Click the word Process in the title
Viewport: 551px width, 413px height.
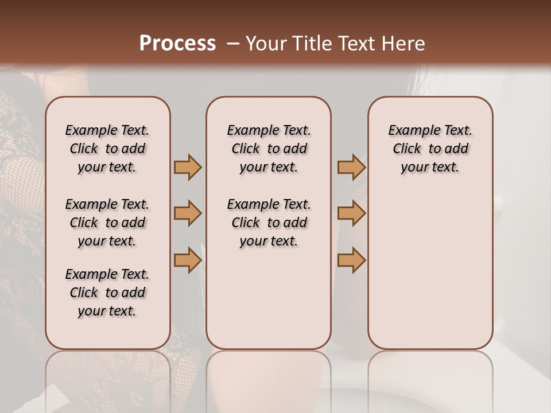[177, 44]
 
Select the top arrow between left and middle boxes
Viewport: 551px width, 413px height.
[188, 167]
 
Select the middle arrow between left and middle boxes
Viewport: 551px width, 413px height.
[188, 214]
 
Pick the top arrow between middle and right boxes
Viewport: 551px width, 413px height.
[351, 167]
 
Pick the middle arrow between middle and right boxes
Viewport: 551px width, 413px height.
[351, 214]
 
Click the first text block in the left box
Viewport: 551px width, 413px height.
[107, 149]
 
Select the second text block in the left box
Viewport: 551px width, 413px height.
[107, 223]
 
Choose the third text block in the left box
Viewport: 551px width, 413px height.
[107, 293]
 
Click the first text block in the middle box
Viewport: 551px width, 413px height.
[269, 149]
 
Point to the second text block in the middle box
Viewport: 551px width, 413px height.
[269, 223]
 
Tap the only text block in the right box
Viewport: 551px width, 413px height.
[430, 149]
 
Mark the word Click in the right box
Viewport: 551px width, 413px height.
[407, 149]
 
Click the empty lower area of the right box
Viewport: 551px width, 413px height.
[430, 270]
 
